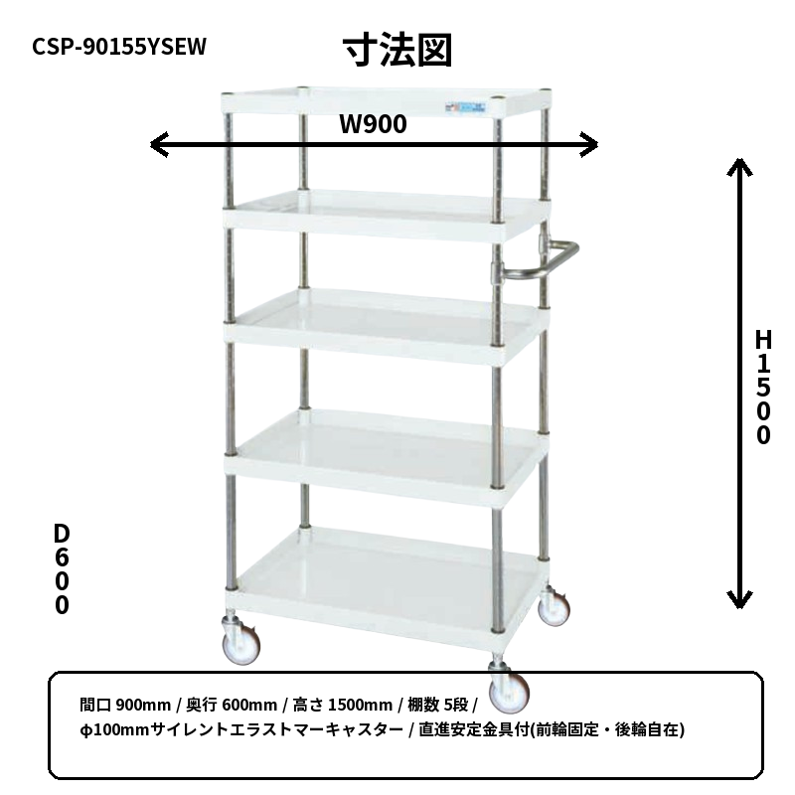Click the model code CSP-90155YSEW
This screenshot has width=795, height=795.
[119, 47]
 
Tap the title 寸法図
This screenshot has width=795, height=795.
[397, 51]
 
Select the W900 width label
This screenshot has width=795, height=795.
[373, 123]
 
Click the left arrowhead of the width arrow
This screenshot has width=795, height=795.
[159, 145]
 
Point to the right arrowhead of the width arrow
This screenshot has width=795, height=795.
[589, 145]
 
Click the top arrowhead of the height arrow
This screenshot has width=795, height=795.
[739, 166]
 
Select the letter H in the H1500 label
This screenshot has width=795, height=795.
[763, 340]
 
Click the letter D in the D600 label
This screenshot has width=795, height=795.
[62, 534]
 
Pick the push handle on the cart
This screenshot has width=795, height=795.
[538, 259]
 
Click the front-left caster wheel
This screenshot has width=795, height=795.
[240, 643]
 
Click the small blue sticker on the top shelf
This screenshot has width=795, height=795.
[465, 107]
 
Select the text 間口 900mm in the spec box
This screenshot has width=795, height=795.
[125, 705]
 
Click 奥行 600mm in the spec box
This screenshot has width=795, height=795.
[232, 705]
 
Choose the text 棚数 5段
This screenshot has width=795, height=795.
[438, 705]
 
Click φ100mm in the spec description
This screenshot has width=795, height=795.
[114, 730]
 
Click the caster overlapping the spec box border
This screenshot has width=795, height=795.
[509, 688]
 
